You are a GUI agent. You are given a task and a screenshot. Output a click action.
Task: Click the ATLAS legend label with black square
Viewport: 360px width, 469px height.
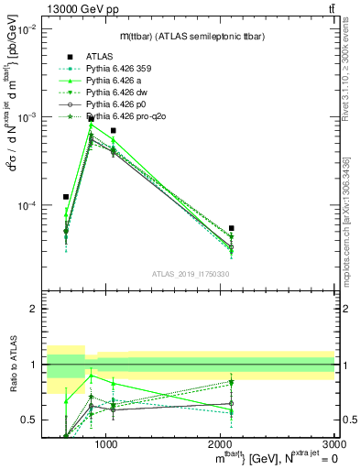pyautogui.click(x=100, y=56)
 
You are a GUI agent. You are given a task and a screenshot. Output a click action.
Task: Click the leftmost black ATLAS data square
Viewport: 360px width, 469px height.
pyautogui.click(x=66, y=197)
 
